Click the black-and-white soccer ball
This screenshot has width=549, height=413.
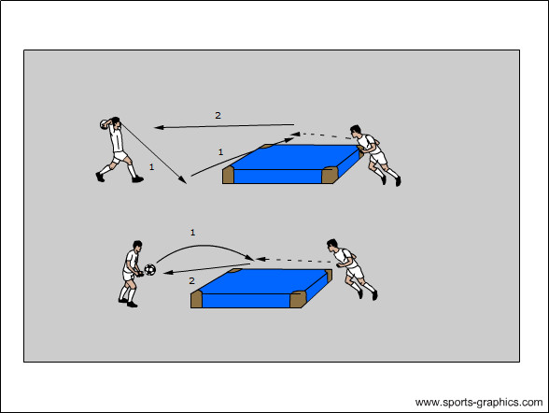149,269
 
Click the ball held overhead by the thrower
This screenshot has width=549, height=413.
105,124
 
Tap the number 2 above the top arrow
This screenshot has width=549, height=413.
218,115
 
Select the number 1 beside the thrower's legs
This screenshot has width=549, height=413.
151,167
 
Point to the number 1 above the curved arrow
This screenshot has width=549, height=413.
192,233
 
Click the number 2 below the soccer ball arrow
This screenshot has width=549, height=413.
191,280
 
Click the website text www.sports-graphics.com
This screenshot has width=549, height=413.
479,402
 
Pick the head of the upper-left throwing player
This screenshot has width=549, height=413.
115,121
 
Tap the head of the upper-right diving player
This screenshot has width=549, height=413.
355,130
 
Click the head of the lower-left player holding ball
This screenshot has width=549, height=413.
137,245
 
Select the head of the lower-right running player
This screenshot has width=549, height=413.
332,245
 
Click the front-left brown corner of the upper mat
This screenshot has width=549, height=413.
228,175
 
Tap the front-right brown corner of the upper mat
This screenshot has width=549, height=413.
330,175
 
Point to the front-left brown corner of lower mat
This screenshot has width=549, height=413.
196,300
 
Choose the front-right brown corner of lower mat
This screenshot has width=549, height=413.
298,300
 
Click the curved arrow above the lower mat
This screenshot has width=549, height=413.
206,246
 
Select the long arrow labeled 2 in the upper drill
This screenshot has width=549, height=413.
224,126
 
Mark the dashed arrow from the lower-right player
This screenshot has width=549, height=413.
293,261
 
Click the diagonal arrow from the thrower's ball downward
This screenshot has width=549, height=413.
153,152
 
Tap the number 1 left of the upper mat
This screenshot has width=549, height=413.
220,152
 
